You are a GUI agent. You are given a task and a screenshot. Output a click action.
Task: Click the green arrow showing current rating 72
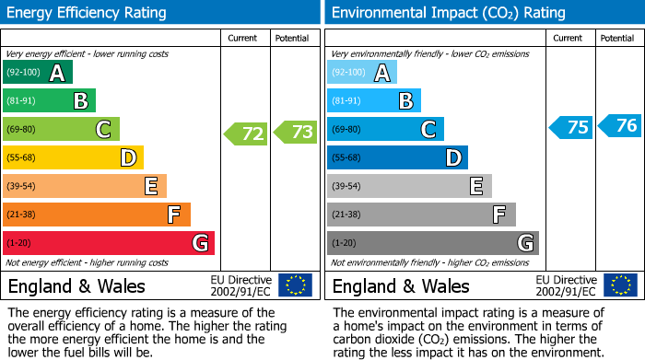[x=246, y=134]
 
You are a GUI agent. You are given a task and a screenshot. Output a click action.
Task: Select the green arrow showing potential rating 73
[x=295, y=133]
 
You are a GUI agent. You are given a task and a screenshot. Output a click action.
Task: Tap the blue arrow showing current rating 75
[x=570, y=127]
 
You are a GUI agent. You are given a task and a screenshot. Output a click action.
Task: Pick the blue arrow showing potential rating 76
[x=619, y=126]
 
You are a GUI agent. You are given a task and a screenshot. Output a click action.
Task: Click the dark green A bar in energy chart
[x=38, y=73]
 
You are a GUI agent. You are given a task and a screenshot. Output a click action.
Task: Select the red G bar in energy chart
[x=109, y=243]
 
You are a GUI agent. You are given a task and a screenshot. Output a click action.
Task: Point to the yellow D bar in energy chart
[x=74, y=157]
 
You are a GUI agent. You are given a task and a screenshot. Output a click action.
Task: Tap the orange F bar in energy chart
[x=97, y=215]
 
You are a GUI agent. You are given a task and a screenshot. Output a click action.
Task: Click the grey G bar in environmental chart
[x=433, y=243]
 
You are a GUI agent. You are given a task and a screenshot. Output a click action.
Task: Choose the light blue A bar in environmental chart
[x=362, y=73]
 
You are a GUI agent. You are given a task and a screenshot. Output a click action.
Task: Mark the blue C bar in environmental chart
[x=385, y=129]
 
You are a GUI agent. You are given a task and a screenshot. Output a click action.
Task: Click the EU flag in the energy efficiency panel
[x=295, y=285]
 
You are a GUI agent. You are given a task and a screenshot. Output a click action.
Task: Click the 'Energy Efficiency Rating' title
[x=88, y=13]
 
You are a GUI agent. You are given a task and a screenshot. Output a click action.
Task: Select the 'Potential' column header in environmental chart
[x=617, y=39]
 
